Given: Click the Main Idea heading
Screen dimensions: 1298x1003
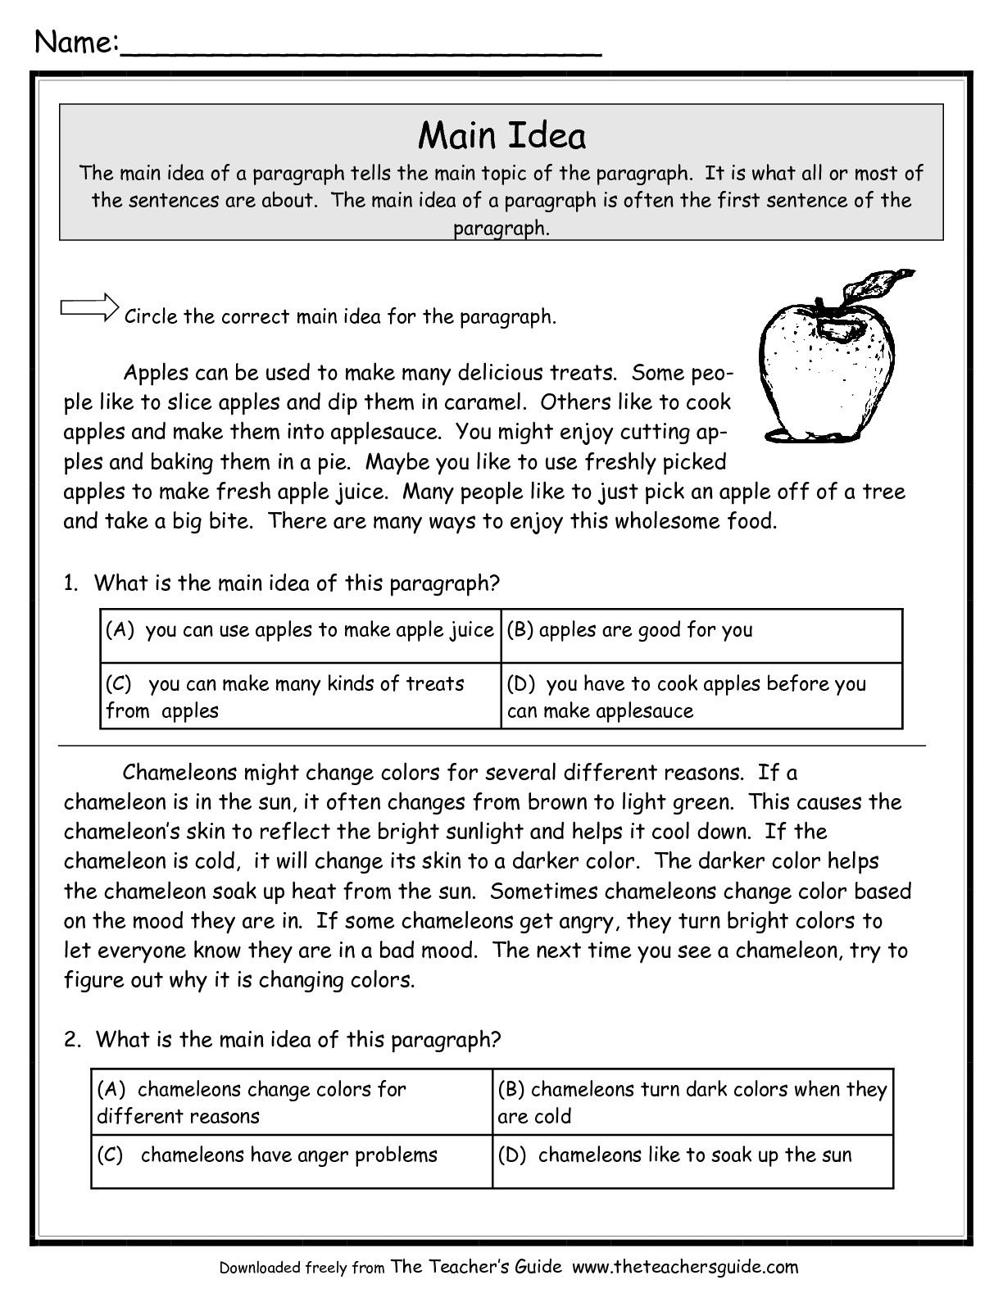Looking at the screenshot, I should [501, 136].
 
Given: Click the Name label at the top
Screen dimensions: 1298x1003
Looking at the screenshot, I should [76, 42].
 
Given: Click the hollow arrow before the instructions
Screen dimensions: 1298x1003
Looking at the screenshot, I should [88, 308].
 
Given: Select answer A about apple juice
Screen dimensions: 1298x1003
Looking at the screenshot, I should [300, 630].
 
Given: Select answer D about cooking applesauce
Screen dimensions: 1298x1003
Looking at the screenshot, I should [687, 697].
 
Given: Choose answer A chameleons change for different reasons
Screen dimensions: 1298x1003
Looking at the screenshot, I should [251, 1102].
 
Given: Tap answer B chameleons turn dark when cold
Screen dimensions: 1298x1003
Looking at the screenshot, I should [692, 1102].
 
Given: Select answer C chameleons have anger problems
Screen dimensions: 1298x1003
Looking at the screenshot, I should [267, 1155].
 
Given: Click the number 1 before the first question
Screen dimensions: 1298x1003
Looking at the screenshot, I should [70, 583].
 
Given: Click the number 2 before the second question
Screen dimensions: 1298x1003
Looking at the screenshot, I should [71, 1040].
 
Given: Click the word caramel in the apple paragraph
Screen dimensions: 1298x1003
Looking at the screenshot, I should [483, 402].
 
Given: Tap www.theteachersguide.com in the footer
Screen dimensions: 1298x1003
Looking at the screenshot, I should [684, 1267].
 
